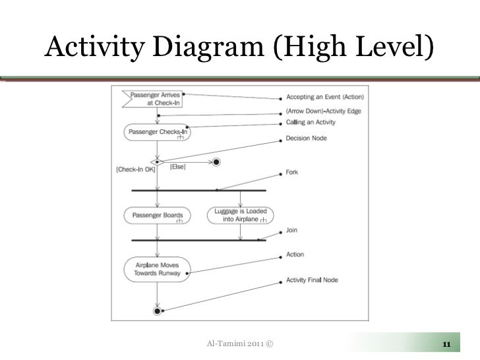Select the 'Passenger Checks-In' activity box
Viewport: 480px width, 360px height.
click(x=157, y=132)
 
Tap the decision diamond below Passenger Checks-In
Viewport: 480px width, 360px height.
click(x=157, y=161)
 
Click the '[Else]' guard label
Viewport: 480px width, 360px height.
click(x=177, y=167)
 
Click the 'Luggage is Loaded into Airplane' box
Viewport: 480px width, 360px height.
click(x=240, y=215)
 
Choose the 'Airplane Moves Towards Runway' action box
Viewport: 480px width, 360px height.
click(x=157, y=267)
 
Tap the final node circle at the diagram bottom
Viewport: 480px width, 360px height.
click(x=157, y=311)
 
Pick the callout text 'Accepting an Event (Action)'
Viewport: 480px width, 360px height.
click(x=324, y=97)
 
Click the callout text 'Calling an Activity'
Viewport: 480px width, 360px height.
click(x=310, y=122)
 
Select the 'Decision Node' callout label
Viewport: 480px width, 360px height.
click(x=306, y=138)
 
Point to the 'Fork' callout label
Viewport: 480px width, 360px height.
click(x=291, y=173)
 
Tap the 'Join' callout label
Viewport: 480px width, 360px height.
click(x=291, y=231)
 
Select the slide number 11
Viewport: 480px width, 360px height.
click(x=446, y=344)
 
